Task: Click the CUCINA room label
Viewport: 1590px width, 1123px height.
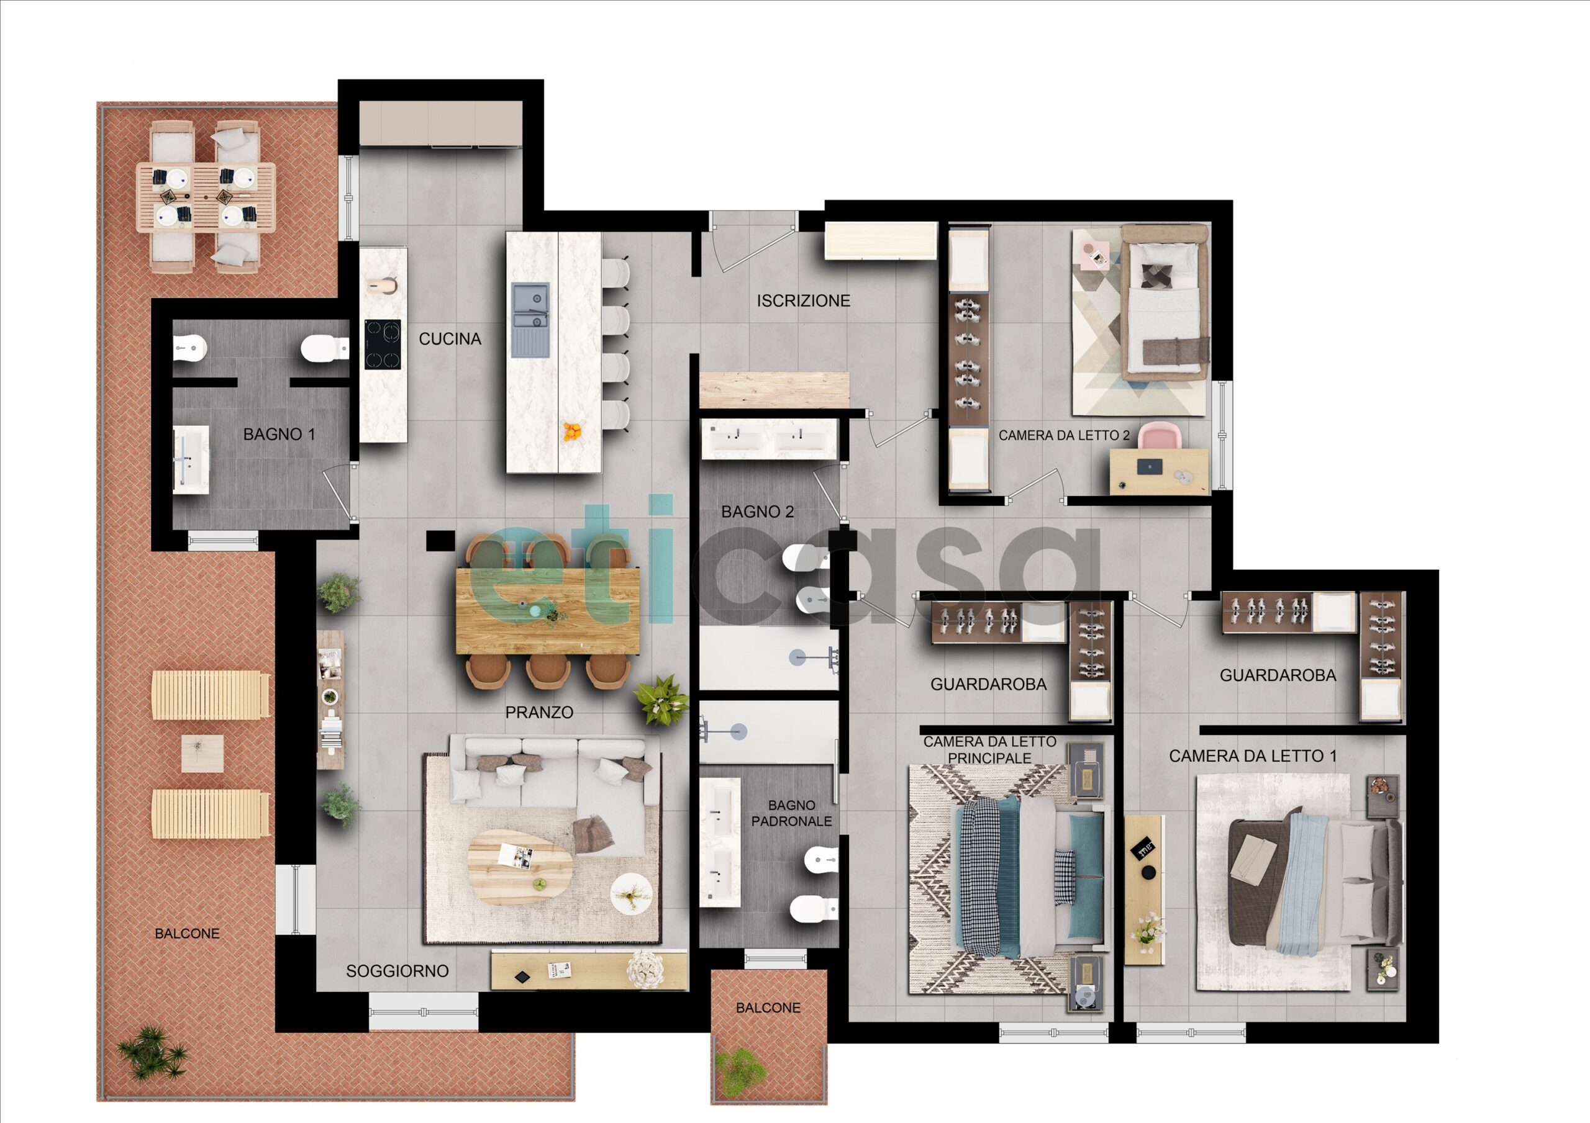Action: point(450,338)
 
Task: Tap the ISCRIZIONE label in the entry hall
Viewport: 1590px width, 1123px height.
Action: point(803,300)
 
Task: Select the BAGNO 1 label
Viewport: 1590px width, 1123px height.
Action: point(279,434)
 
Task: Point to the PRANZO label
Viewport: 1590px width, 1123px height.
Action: point(538,712)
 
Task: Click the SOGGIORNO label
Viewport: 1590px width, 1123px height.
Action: point(397,971)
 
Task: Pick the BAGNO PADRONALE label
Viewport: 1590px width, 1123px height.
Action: point(791,813)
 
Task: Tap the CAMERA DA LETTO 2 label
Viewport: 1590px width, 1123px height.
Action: point(1064,436)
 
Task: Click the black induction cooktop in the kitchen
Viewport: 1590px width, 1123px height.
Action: point(383,344)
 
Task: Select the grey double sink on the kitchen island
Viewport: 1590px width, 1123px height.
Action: point(530,320)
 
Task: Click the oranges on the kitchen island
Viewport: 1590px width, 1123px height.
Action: point(572,432)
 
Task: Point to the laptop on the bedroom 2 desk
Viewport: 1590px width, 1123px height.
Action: point(1150,467)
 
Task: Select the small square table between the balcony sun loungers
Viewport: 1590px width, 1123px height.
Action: point(202,753)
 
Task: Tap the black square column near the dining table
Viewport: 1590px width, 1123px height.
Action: point(440,541)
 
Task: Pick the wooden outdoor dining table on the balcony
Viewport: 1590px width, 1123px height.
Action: point(206,197)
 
